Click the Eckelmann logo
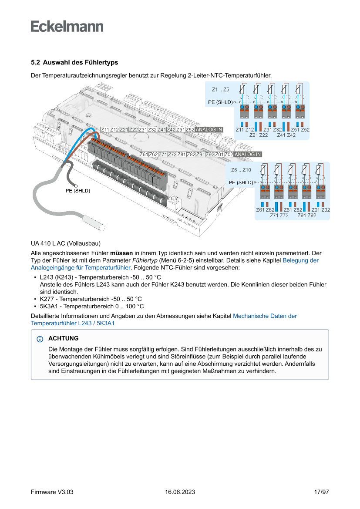(x=67, y=26)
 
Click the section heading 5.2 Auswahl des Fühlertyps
(x=74, y=63)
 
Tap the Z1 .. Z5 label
(x=220, y=90)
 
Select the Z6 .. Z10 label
(x=241, y=170)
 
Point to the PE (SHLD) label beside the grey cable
(x=77, y=191)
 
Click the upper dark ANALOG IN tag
(x=209, y=130)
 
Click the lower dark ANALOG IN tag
(x=248, y=155)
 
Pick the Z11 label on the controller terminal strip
(x=105, y=130)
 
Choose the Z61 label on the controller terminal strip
(x=144, y=155)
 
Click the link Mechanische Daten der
(x=265, y=316)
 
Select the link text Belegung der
(x=300, y=260)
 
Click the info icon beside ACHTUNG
(x=40, y=339)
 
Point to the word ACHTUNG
(x=64, y=338)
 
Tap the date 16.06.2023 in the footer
(x=180, y=492)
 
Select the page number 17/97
(x=321, y=492)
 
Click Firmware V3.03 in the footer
(x=52, y=492)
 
